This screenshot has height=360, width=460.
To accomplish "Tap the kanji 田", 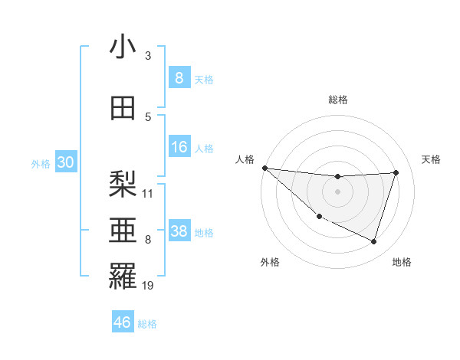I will click(123, 108).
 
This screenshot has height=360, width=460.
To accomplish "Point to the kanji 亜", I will click(123, 231).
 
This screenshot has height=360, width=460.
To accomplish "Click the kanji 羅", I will click(123, 277).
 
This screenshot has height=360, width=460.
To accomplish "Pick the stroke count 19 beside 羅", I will click(148, 285).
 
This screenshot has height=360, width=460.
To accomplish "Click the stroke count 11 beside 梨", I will click(148, 193).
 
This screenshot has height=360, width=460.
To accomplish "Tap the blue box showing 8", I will click(179, 77).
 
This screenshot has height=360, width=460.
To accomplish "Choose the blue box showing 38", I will click(179, 231).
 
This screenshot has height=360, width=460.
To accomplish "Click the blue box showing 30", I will click(65, 162).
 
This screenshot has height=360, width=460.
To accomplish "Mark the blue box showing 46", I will click(123, 322).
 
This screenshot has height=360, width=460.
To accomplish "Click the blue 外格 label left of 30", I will click(41, 163).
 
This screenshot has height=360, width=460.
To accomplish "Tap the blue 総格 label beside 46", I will click(147, 323).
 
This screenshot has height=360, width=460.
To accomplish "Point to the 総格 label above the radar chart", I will click(337, 100).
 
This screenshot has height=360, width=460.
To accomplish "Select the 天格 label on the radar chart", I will click(431, 159).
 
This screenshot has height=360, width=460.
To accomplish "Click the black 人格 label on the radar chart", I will click(245, 159).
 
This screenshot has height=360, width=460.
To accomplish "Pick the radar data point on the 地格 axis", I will click(373, 241).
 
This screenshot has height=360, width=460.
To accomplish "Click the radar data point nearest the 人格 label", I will click(264, 168).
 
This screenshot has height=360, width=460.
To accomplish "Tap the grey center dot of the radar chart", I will click(337, 191).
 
